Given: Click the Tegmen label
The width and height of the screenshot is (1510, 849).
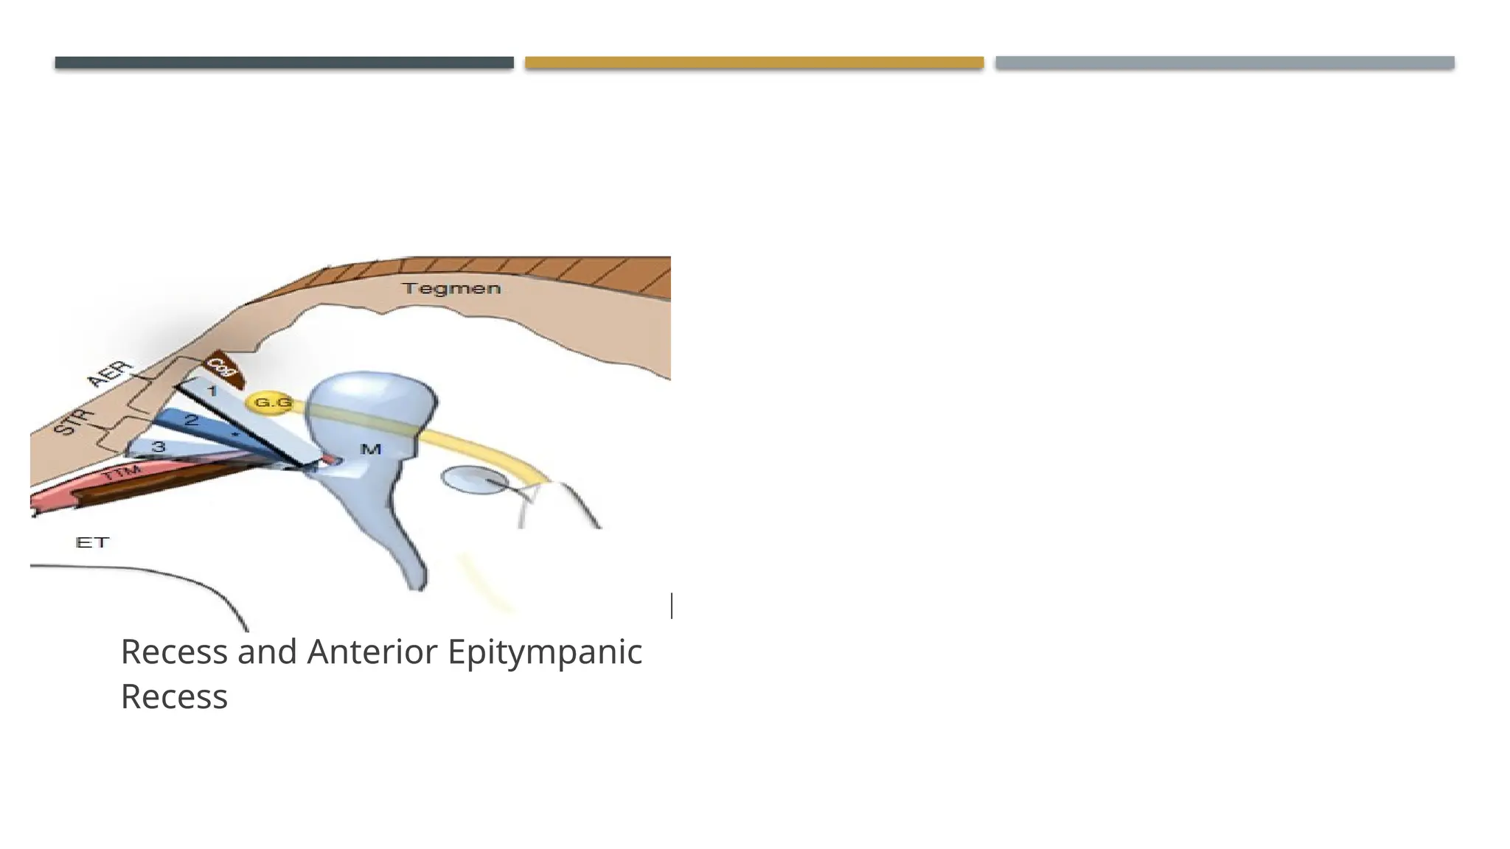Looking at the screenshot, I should click(x=451, y=288).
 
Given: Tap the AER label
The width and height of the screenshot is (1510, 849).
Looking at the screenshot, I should click(x=111, y=374).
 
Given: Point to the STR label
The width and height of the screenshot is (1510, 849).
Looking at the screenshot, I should click(x=75, y=422).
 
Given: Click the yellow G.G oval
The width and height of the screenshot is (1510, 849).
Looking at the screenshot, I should click(x=272, y=403).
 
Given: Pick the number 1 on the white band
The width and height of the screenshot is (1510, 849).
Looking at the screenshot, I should click(x=212, y=391).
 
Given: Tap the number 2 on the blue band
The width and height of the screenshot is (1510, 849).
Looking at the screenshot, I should click(x=192, y=421).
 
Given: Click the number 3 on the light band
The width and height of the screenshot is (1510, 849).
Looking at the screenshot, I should click(x=159, y=447).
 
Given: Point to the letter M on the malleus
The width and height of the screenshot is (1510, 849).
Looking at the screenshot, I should click(x=370, y=449).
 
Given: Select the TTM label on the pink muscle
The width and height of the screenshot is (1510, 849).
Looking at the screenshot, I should click(x=121, y=473).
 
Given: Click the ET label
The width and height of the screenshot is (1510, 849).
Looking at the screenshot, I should click(x=92, y=542).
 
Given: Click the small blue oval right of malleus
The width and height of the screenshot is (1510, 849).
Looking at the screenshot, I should click(x=474, y=481).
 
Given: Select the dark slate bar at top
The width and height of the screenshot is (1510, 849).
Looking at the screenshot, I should click(x=284, y=63).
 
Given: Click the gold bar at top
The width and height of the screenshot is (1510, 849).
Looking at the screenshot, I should click(x=754, y=63).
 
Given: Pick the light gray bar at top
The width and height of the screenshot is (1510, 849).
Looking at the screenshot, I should click(x=1225, y=63).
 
